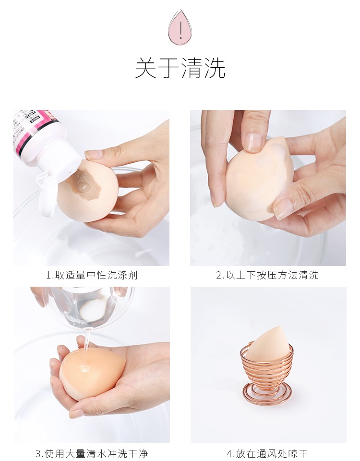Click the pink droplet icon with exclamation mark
pos(180,27)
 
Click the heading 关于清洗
pos(180,68)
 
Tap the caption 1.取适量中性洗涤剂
pos(92,275)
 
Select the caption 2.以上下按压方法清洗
pos(267,275)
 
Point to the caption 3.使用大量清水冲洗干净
pos(92,453)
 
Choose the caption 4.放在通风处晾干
pos(267,453)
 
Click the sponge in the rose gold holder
pos(266,345)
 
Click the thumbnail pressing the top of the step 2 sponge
pos(253,142)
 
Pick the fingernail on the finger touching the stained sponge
pos(94,154)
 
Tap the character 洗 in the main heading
pos(215,68)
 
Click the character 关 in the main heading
pos(146,68)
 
